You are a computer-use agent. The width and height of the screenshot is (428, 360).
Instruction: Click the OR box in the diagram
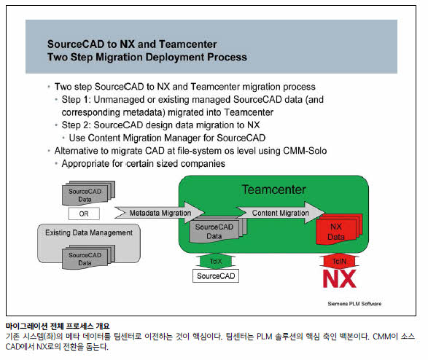coord(84,214)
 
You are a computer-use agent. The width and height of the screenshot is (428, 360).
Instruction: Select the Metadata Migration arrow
coord(160,213)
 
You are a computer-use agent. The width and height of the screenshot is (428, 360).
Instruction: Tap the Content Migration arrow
coord(281,213)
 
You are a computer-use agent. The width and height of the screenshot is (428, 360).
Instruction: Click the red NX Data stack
coord(339,229)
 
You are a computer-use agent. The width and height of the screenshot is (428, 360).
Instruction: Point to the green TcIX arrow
coord(216,261)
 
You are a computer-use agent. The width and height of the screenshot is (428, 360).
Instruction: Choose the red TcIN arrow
coord(339,261)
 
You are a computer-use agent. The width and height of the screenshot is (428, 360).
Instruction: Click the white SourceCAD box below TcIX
coord(216,276)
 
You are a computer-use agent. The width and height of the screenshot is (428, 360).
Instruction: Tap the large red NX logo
coord(339,278)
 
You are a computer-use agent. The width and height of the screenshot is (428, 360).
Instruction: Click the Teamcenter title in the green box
coord(273,189)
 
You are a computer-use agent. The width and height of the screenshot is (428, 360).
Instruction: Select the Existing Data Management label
coord(89,232)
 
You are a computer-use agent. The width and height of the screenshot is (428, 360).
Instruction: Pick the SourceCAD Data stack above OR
coord(88,193)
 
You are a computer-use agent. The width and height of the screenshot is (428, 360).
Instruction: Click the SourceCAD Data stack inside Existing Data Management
coord(88,257)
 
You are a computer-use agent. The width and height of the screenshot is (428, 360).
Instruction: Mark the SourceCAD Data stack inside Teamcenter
coord(218,230)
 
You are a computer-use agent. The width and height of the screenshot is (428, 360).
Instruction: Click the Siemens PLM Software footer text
coord(354,304)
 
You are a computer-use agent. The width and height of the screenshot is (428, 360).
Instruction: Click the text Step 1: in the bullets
coord(76,100)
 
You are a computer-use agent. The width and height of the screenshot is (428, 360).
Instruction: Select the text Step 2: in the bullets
coord(76,125)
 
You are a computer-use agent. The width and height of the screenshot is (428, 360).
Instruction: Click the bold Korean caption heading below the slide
coord(58,326)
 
